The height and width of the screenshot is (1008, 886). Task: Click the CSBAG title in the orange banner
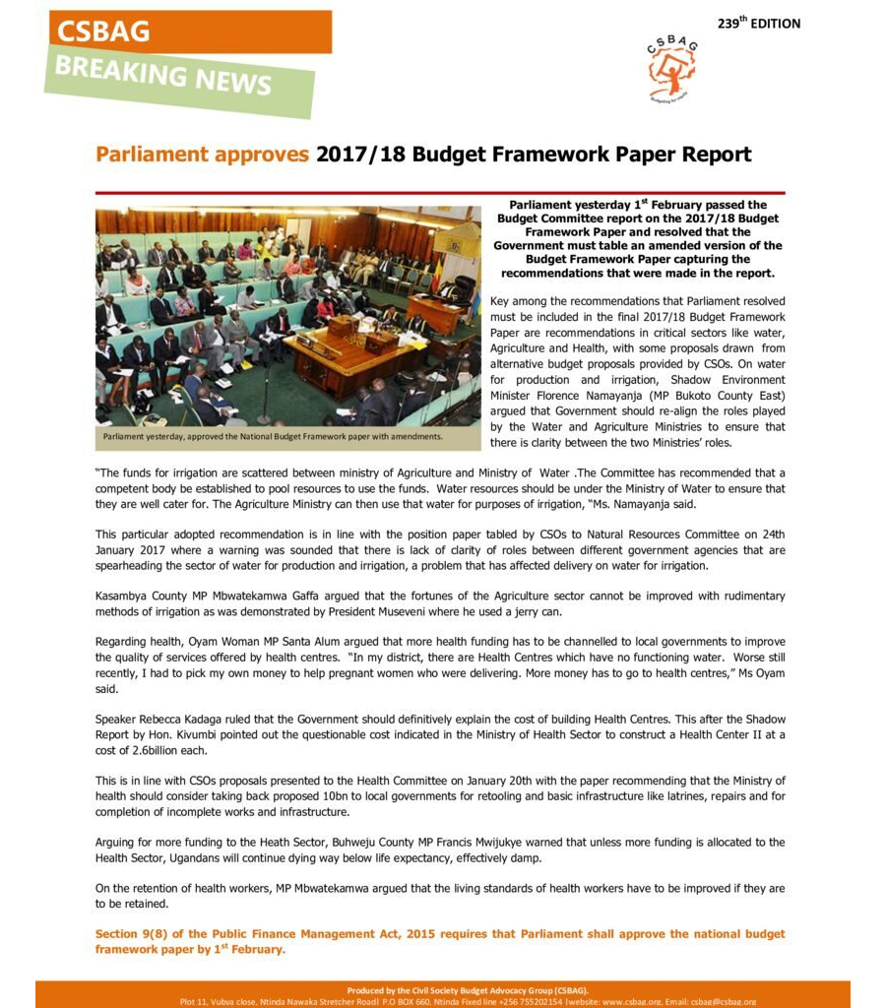click(103, 31)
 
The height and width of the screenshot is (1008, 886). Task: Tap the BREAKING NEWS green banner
click(163, 75)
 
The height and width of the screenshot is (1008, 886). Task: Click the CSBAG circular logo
click(672, 69)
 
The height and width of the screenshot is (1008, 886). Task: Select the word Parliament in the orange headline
click(153, 155)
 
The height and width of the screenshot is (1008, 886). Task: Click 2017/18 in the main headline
click(359, 155)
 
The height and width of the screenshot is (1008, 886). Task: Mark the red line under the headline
click(440, 193)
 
